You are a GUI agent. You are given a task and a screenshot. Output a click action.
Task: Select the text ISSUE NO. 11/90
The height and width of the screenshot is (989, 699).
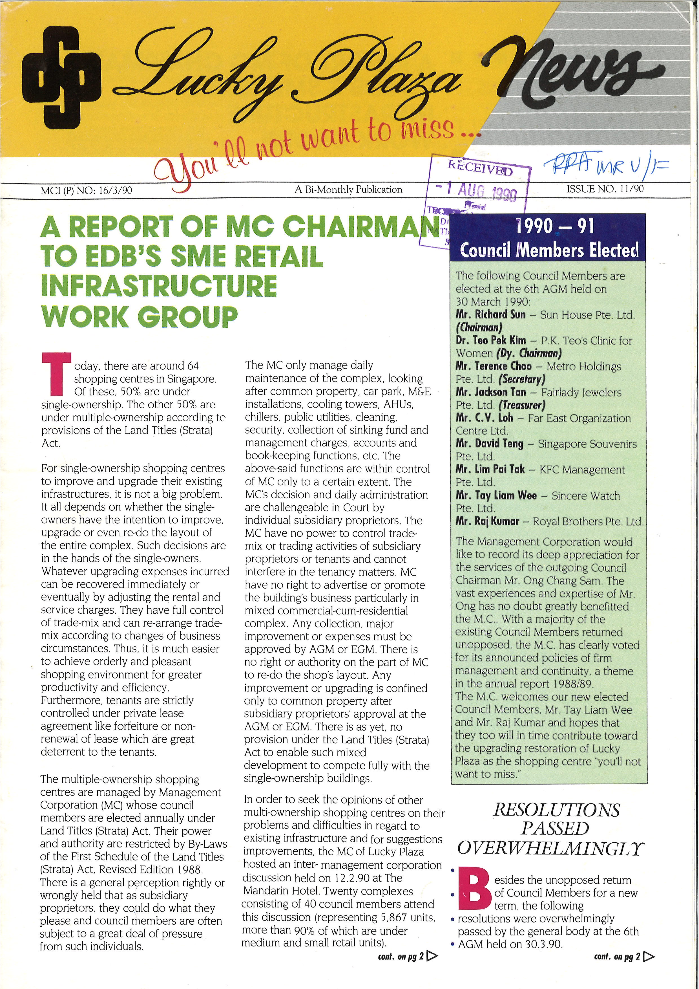point(605,189)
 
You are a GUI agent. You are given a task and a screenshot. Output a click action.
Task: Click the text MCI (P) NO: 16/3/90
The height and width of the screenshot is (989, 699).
point(86,190)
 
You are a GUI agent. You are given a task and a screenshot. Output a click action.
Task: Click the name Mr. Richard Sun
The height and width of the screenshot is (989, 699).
point(491,314)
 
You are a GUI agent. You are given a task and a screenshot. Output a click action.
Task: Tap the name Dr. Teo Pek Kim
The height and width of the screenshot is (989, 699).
point(491,340)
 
